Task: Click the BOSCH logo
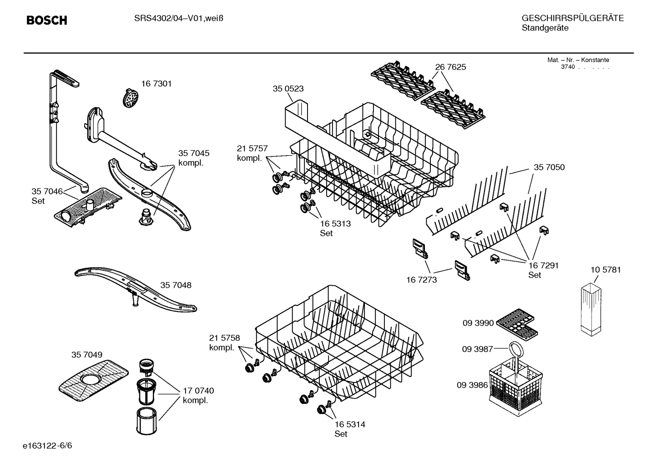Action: pyautogui.click(x=46, y=20)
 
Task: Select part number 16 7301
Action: pyautogui.click(x=156, y=84)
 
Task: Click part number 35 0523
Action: pyautogui.click(x=288, y=89)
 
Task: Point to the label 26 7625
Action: pyautogui.click(x=450, y=67)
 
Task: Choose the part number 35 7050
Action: pyautogui.click(x=549, y=167)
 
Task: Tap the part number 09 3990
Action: pyautogui.click(x=478, y=323)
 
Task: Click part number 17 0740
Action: pyautogui.click(x=198, y=391)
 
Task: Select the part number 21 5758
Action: pyautogui.click(x=224, y=338)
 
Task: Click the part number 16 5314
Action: pyautogui.click(x=349, y=424)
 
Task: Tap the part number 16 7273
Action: pyautogui.click(x=421, y=280)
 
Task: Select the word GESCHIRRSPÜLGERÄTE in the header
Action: pyautogui.click(x=572, y=18)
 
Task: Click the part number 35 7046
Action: pyautogui.click(x=47, y=191)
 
